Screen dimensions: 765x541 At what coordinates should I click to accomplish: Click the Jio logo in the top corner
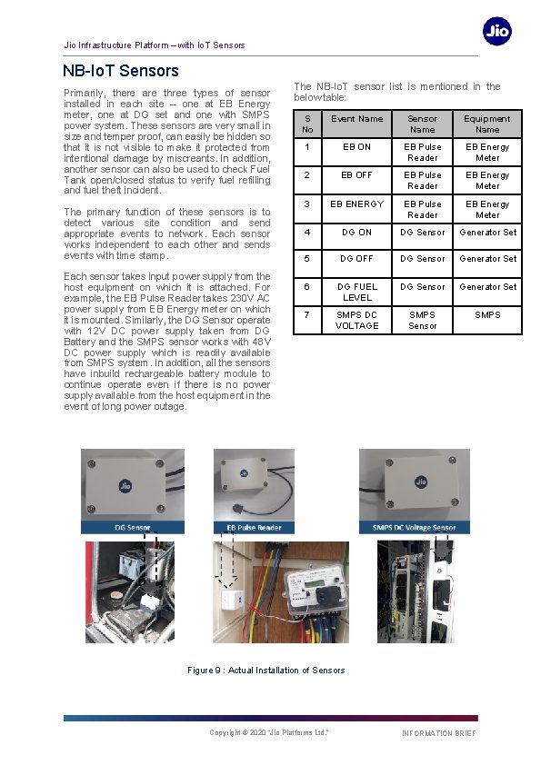click(x=496, y=32)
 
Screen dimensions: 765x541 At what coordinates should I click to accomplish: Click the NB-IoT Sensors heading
click(x=121, y=71)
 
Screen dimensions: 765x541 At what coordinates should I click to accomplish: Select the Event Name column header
click(x=356, y=119)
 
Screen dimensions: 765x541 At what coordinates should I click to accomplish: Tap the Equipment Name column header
click(x=487, y=124)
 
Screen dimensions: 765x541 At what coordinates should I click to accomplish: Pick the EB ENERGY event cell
click(x=356, y=204)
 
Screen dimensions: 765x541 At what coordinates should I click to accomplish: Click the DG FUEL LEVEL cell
click(x=356, y=292)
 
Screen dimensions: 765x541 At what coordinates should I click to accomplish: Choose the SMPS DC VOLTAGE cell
click(x=356, y=320)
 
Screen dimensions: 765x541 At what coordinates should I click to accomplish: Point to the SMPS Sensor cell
click(x=422, y=320)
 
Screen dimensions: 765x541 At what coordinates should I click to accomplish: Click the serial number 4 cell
click(x=307, y=233)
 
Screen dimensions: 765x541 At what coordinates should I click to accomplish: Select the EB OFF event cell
click(x=356, y=175)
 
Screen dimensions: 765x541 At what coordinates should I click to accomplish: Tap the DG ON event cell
click(x=356, y=233)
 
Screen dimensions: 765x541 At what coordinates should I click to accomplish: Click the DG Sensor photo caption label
click(x=132, y=527)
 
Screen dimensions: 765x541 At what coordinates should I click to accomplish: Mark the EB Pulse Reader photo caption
click(x=247, y=527)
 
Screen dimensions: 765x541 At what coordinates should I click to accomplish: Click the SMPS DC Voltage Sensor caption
click(x=414, y=527)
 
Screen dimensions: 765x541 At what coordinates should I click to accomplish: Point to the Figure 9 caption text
click(x=266, y=671)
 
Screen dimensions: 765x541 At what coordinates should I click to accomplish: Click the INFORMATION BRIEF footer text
click(x=438, y=733)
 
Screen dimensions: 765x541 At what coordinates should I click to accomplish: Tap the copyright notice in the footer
click(x=268, y=732)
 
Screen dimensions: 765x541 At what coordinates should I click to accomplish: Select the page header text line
click(x=154, y=45)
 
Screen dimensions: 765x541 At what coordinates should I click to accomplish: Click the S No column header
click(x=307, y=124)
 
